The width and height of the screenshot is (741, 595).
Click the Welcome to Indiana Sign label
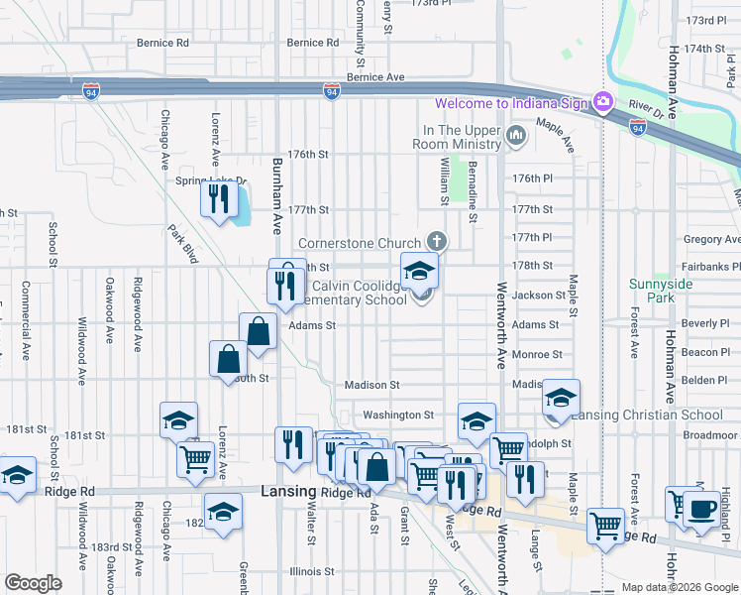coord(510,103)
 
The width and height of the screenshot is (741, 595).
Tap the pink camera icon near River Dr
coord(602,102)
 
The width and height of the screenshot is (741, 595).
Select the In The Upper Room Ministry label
coord(463,131)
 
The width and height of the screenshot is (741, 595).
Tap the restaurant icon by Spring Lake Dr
coord(215,198)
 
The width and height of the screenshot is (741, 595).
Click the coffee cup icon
coord(702,509)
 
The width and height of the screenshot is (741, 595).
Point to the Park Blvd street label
coord(183,245)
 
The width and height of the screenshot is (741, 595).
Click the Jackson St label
coord(539,295)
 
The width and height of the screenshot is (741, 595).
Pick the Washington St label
coord(398,415)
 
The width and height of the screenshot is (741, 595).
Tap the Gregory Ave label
coord(711,239)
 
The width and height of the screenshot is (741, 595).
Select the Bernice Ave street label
coord(375,76)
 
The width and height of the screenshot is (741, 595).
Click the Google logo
coord(33,583)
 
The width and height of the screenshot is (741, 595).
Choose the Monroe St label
coord(537,354)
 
